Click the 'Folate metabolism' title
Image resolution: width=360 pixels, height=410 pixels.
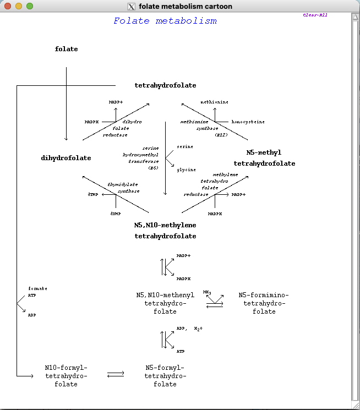tap(165, 21)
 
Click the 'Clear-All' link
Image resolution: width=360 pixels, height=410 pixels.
tap(315, 15)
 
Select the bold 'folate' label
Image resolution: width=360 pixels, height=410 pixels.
tap(66, 49)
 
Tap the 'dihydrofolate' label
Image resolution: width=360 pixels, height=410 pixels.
tap(66, 158)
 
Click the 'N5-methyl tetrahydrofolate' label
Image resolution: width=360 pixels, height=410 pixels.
tap(264, 158)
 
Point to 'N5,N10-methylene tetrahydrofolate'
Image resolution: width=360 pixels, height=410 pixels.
tap(165, 231)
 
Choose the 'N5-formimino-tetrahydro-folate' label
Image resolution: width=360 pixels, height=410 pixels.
tap(264, 303)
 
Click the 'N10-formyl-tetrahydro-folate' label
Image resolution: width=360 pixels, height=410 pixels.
tap(66, 376)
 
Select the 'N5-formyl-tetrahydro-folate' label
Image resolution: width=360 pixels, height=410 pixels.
tap(165, 376)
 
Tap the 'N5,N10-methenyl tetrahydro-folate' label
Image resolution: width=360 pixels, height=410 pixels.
tap(165, 303)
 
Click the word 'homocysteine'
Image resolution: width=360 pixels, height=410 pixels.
tap(248, 122)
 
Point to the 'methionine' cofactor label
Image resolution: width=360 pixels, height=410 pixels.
tap(214, 102)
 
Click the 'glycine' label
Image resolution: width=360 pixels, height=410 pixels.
tap(186, 170)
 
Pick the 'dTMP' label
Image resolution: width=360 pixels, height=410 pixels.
tap(93, 195)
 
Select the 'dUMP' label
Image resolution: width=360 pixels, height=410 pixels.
tap(115, 214)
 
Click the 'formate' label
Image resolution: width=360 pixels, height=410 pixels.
tap(37, 288)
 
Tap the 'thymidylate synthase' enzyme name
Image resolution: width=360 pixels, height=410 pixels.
tap(123, 188)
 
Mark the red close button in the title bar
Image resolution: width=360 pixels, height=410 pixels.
tap(8, 6)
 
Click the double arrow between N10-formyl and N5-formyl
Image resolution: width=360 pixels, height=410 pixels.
tap(116, 374)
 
